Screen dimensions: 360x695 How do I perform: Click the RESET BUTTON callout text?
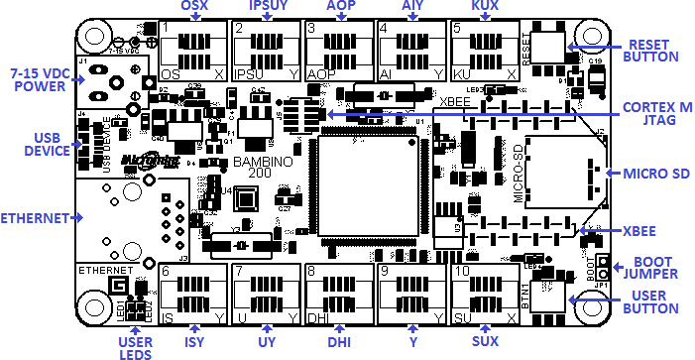650,51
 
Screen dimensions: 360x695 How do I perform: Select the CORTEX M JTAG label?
657,114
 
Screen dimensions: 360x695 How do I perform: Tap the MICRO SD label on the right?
656,175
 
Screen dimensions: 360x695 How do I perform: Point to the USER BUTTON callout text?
652,304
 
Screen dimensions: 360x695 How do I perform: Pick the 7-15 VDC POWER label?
37,80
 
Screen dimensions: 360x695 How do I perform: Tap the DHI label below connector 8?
340,342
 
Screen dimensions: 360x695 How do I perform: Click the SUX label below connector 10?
486,342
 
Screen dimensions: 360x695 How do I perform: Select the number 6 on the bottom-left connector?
166,271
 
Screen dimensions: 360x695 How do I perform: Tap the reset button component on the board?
548,44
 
